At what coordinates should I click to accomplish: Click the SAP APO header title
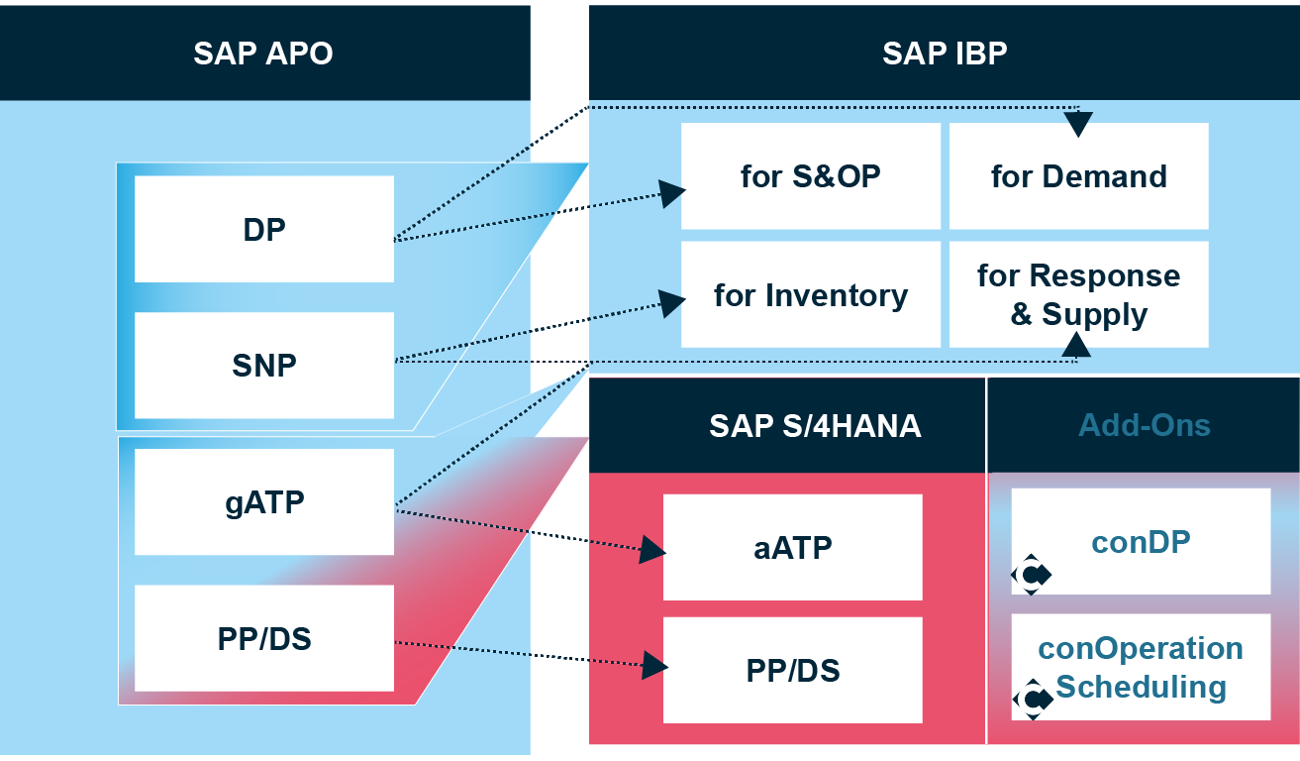tap(263, 53)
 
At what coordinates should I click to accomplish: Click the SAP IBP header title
tap(945, 53)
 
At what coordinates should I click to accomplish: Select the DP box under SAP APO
tap(264, 229)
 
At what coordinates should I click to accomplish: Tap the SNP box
tap(264, 366)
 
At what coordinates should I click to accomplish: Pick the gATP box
tap(264, 502)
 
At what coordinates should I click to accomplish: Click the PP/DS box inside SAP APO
tap(264, 639)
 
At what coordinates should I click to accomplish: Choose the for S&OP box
tap(810, 176)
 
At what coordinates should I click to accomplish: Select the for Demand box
tap(1078, 176)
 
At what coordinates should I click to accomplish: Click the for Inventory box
tap(810, 295)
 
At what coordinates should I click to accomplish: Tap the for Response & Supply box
tap(1078, 295)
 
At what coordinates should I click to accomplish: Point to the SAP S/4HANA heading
tap(815, 426)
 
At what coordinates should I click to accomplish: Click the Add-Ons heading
tap(1144, 426)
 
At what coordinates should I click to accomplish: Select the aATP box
tap(792, 547)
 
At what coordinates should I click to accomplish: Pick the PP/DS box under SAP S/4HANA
tap(792, 671)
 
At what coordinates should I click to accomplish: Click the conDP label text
tap(1141, 542)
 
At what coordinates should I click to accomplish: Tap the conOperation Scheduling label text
tap(1141, 667)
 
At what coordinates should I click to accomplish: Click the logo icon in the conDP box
tap(1032, 575)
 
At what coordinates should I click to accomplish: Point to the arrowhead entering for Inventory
tap(675, 303)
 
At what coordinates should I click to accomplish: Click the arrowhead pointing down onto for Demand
tap(1078, 124)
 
